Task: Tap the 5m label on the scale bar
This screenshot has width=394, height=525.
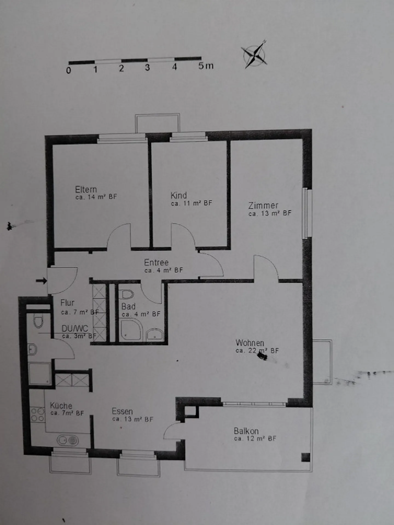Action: click(x=206, y=66)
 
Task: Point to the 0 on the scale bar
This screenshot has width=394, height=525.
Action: click(x=68, y=70)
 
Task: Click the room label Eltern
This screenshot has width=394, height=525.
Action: click(x=86, y=189)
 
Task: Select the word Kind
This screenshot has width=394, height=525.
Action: click(x=179, y=196)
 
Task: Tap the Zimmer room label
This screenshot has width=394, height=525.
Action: click(x=263, y=205)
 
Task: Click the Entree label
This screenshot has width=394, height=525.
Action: click(x=156, y=262)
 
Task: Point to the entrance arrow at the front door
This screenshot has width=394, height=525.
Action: click(x=41, y=281)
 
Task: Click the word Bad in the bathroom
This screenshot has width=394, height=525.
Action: click(x=128, y=306)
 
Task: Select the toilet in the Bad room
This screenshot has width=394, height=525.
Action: click(x=127, y=294)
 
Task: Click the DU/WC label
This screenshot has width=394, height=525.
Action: click(x=75, y=328)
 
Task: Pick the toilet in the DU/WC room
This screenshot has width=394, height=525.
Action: click(x=39, y=320)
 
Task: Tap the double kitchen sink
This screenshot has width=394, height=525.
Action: click(x=68, y=440)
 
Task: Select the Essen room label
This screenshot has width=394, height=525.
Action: click(x=122, y=411)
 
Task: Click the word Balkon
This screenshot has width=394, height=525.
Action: click(x=246, y=431)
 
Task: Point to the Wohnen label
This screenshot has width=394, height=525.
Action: click(x=250, y=343)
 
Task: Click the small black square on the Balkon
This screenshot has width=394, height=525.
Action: click(x=306, y=457)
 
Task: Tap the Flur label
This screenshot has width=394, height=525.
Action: click(x=67, y=303)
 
